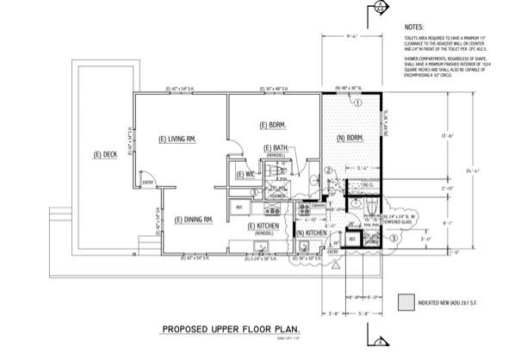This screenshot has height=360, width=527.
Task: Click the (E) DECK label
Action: pos(104,155)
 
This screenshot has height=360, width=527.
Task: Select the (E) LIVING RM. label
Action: pos(178,139)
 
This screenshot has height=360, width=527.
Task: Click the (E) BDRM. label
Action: pos(272,125)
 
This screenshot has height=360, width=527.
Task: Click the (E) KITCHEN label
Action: pos(263,227)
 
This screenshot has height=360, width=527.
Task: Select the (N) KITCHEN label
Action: pos(311,233)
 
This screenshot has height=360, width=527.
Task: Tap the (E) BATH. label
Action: pos(276,148)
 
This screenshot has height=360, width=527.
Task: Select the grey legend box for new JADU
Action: pos(404,302)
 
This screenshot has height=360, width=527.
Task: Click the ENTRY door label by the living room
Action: pos(147,183)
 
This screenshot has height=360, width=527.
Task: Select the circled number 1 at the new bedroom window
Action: pos(357,102)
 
